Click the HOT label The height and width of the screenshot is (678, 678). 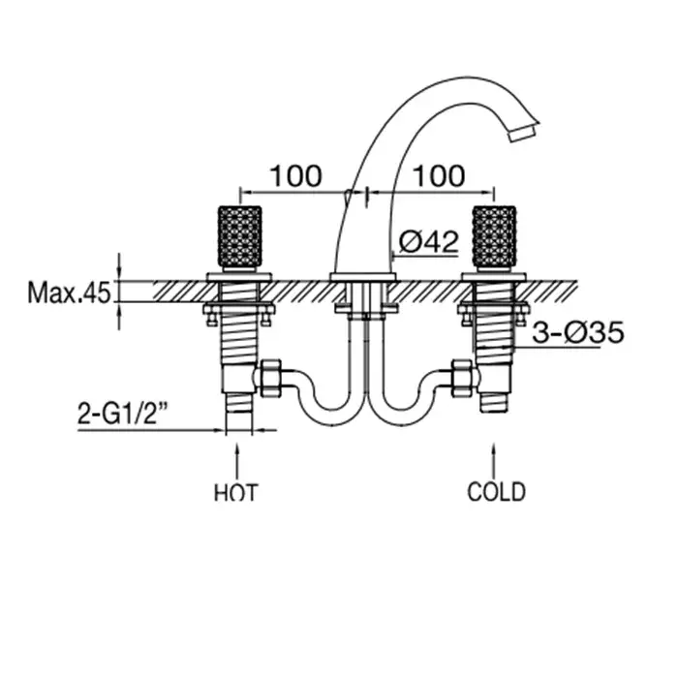(x=236, y=492)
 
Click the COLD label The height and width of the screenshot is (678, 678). (x=496, y=492)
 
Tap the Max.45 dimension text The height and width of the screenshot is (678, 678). (x=69, y=293)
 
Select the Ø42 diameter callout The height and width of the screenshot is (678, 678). (x=428, y=242)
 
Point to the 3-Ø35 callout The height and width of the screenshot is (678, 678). (x=578, y=332)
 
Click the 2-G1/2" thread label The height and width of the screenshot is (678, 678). (x=122, y=413)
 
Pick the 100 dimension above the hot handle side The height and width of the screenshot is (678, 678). (x=295, y=176)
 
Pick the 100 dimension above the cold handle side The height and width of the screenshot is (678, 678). (x=440, y=176)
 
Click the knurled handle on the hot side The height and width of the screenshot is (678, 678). (x=239, y=237)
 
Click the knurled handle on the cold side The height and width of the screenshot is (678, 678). (x=494, y=237)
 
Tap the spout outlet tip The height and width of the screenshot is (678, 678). (x=523, y=132)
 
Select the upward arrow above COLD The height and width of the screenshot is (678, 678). (x=494, y=460)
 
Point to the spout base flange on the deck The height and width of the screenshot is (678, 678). (x=363, y=277)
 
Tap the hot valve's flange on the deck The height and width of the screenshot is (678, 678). (x=239, y=277)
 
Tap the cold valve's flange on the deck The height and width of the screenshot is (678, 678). (x=494, y=277)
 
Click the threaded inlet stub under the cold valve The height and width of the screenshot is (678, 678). (x=494, y=401)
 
